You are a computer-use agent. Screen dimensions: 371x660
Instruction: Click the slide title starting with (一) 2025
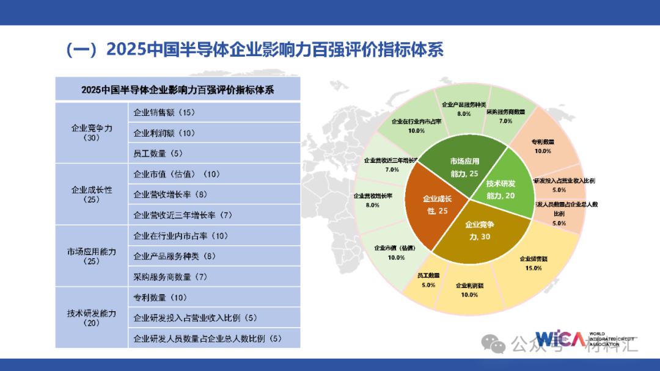coord(254,50)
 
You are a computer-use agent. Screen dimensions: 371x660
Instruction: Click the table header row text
coord(177,90)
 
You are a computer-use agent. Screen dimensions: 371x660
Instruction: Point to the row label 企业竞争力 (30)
coord(92,132)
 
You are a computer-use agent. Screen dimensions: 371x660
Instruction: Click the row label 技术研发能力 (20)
coord(92,318)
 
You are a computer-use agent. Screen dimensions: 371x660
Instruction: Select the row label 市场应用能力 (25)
coord(92,256)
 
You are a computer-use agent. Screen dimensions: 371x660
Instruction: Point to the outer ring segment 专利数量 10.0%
coord(542,146)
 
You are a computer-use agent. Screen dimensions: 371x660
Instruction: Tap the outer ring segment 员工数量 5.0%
coord(428,281)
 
